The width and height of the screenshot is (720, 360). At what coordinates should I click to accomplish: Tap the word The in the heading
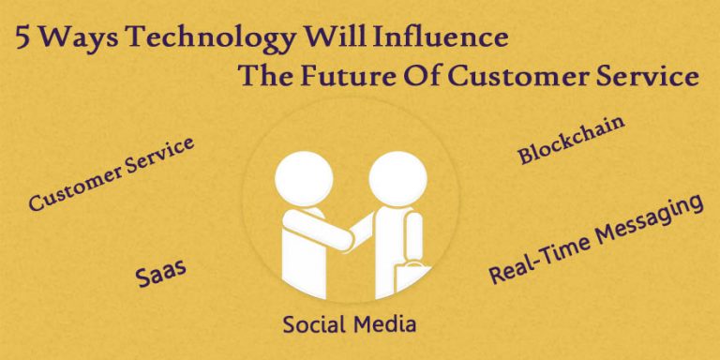(x=266, y=76)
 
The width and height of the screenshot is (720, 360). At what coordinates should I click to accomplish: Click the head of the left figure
(x=302, y=175)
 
